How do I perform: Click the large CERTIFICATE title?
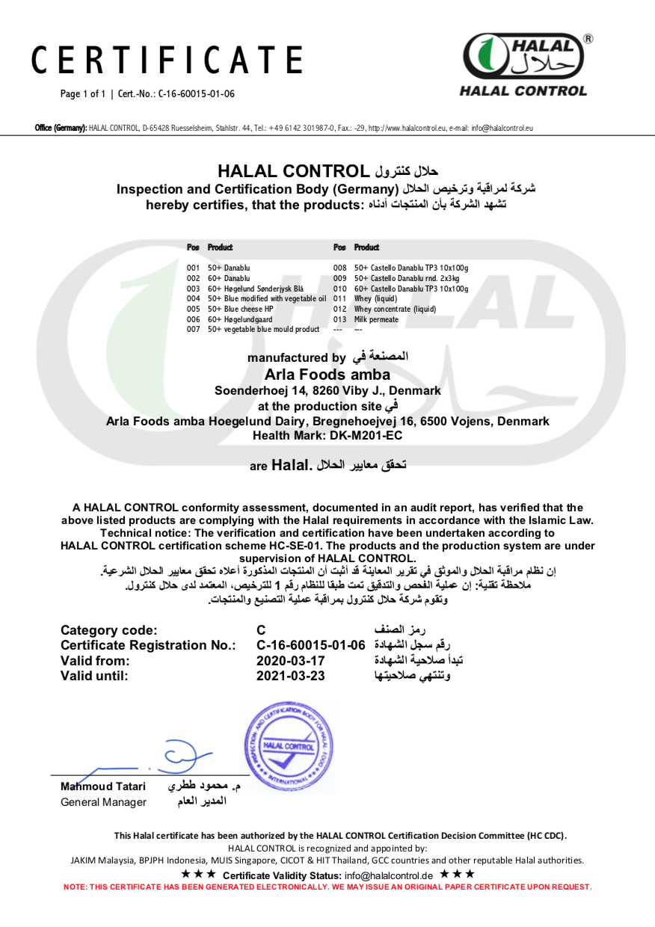pyautogui.click(x=167, y=61)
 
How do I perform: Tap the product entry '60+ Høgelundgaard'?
pyautogui.click(x=236, y=319)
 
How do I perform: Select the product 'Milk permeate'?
pyautogui.click(x=376, y=319)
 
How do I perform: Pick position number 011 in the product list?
pyautogui.click(x=340, y=298)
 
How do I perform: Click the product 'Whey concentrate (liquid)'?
pyautogui.click(x=395, y=309)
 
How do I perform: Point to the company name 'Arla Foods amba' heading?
pyautogui.click(x=327, y=375)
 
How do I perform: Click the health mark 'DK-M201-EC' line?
pyautogui.click(x=327, y=435)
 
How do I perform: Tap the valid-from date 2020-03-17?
pyautogui.click(x=291, y=661)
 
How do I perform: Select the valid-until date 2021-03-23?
pyautogui.click(x=291, y=676)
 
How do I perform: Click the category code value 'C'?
pyautogui.click(x=261, y=630)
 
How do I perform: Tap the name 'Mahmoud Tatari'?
pyautogui.click(x=103, y=786)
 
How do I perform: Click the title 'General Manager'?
pyautogui.click(x=103, y=802)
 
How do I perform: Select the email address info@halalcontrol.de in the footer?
pyautogui.click(x=388, y=875)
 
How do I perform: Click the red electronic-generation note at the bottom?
pyautogui.click(x=327, y=887)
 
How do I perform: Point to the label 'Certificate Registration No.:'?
pyautogui.click(x=148, y=645)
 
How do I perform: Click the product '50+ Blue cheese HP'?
pyautogui.click(x=240, y=309)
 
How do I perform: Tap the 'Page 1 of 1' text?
pyautogui.click(x=83, y=93)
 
